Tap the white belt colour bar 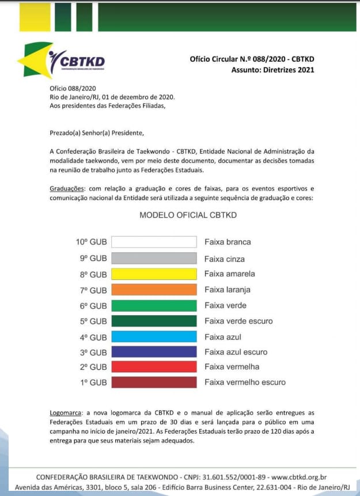[154, 242]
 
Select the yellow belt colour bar [154, 274]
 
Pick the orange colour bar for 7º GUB [154, 290]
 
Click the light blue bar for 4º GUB [154, 336]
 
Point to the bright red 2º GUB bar [154, 367]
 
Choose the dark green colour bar [154, 321]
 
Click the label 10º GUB [91, 242]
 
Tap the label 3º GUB [93, 352]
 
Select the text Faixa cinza [225, 258]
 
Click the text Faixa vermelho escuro [245, 382]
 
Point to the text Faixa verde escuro [238, 321]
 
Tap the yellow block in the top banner [35, 17]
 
